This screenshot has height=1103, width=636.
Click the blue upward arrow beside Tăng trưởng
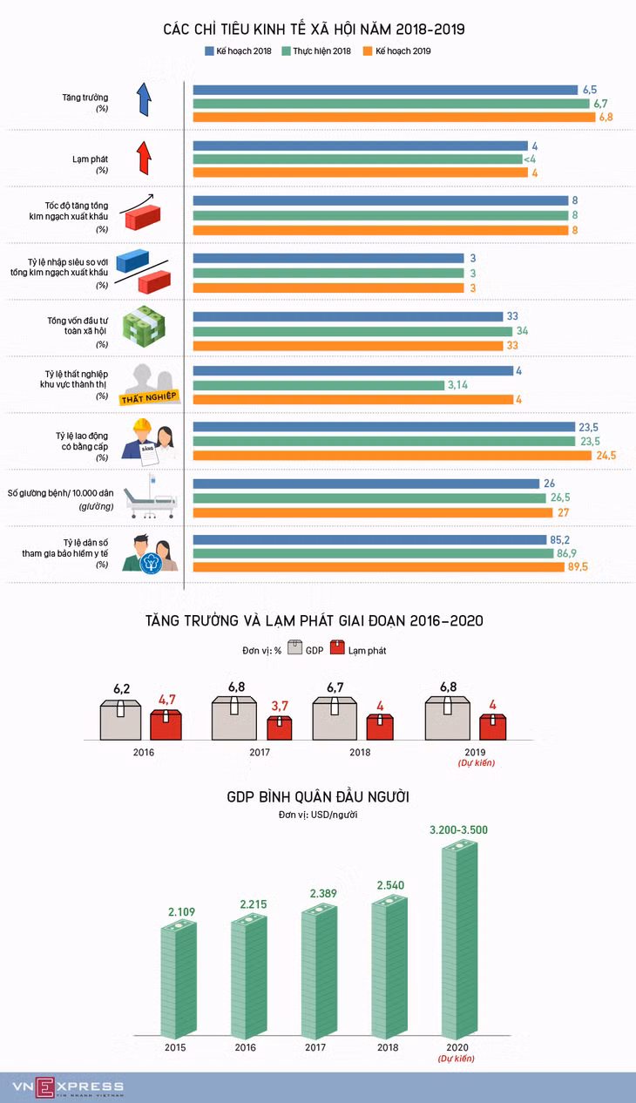[144, 99]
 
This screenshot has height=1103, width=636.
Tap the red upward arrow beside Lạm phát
[144, 158]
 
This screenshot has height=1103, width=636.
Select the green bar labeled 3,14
[319, 385]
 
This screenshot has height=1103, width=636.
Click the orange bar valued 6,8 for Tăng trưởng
[394, 118]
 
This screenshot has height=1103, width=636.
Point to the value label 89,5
[578, 567]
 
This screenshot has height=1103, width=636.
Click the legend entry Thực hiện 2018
[316, 51]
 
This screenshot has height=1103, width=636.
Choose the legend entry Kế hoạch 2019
[396, 51]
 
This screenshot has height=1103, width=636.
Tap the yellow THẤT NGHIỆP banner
[149, 398]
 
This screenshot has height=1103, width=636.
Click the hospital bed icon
[150, 497]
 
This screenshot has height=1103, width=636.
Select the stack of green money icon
[143, 327]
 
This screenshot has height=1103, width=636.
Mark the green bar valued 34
[353, 331]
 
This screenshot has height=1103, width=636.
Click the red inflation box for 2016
[166, 725]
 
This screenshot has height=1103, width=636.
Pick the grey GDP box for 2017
[234, 718]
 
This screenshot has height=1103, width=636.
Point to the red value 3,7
[280, 706]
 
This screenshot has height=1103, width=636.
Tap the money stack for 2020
[460, 940]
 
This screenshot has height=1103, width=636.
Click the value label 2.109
[181, 912]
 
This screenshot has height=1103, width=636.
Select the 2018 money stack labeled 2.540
[389, 968]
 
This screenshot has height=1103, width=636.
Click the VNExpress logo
[69, 1087]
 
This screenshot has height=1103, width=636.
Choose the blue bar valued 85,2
[369, 540]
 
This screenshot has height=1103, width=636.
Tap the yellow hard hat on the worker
[142, 424]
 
